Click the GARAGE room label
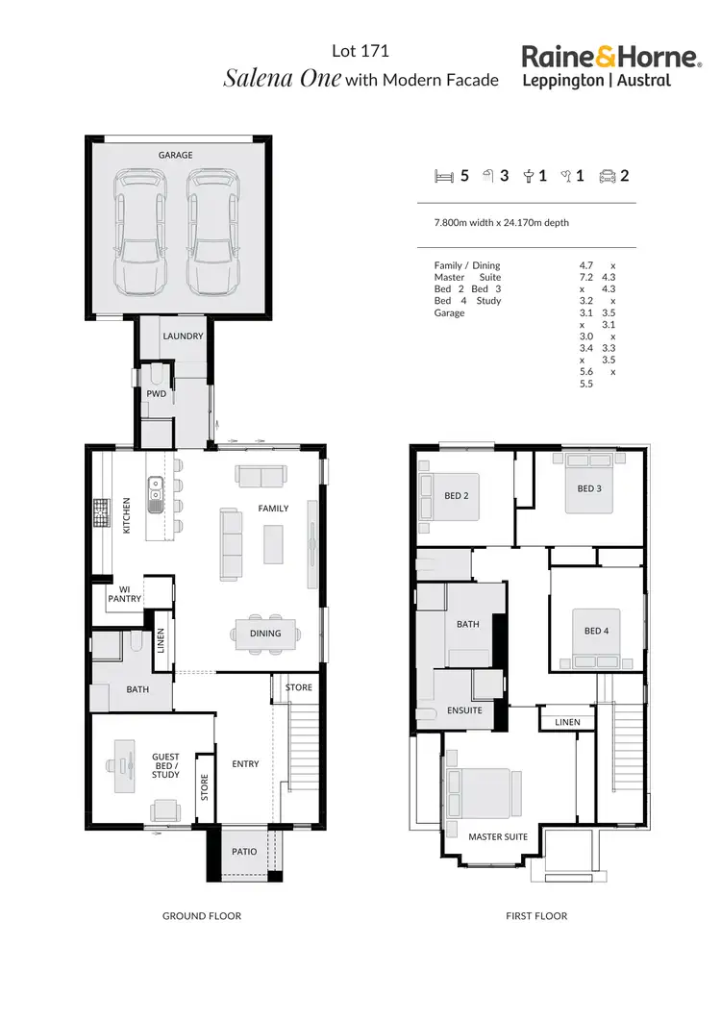coord(176,155)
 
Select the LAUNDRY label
coord(183,336)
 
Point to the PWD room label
coord(156,394)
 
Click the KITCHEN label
coord(126,515)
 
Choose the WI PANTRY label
coord(125,594)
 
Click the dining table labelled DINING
coord(265,634)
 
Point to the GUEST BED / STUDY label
coord(165,765)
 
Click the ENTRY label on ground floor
coord(245,764)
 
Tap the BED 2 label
coord(456,496)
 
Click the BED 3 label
coord(589,488)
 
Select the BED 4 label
coord(596,631)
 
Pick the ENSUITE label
coord(463,710)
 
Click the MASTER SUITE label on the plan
coord(498,836)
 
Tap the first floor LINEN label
coord(567,722)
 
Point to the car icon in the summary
coord(608,176)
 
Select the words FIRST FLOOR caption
coord(536,916)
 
